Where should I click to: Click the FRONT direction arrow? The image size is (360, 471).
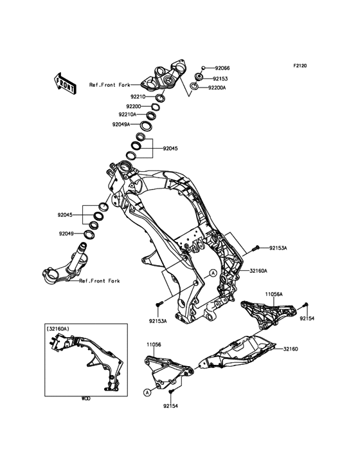point(65,84)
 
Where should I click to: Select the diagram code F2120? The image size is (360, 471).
point(300,66)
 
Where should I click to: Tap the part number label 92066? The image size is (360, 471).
point(222,68)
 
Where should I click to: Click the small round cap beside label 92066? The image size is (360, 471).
point(203,68)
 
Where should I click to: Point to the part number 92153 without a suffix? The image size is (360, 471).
point(221,78)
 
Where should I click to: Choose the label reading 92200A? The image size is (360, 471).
point(217,88)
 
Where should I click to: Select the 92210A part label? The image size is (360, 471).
point(127,115)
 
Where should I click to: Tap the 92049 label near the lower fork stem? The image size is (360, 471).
point(66,234)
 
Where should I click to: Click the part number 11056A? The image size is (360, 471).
point(274,295)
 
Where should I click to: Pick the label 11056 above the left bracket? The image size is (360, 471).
point(154,344)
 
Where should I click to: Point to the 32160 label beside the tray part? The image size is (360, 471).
point(291,349)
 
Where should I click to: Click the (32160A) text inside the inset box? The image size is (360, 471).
point(58,329)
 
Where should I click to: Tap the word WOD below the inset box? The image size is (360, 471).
point(85,399)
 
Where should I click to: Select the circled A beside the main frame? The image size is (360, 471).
point(213,273)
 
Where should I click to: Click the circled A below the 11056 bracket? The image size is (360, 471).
point(147,392)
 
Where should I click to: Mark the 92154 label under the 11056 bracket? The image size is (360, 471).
point(170,406)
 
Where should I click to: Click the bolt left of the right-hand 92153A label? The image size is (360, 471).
point(256,248)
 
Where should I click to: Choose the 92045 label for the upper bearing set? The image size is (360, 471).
point(170,149)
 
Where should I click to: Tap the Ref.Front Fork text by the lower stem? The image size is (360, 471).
point(100,281)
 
